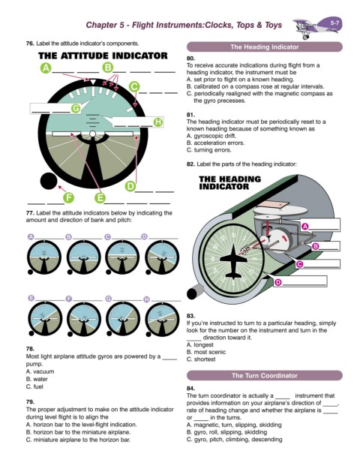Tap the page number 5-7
[334, 23]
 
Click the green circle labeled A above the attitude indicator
[46, 68]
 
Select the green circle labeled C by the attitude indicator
[134, 87]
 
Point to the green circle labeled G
[76, 109]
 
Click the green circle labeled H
[158, 122]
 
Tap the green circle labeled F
[68, 197]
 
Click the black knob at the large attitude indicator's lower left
[49, 181]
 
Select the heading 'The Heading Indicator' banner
[264, 47]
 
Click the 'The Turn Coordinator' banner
[264, 375]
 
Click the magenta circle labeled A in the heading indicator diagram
[305, 227]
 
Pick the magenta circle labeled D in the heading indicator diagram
[277, 282]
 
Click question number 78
[30, 349]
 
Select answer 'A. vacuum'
[40, 371]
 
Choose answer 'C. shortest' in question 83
[201, 359]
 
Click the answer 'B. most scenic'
[206, 352]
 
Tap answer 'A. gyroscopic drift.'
[211, 136]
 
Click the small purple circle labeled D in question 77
[144, 237]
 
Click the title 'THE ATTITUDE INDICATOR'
[103, 56]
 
